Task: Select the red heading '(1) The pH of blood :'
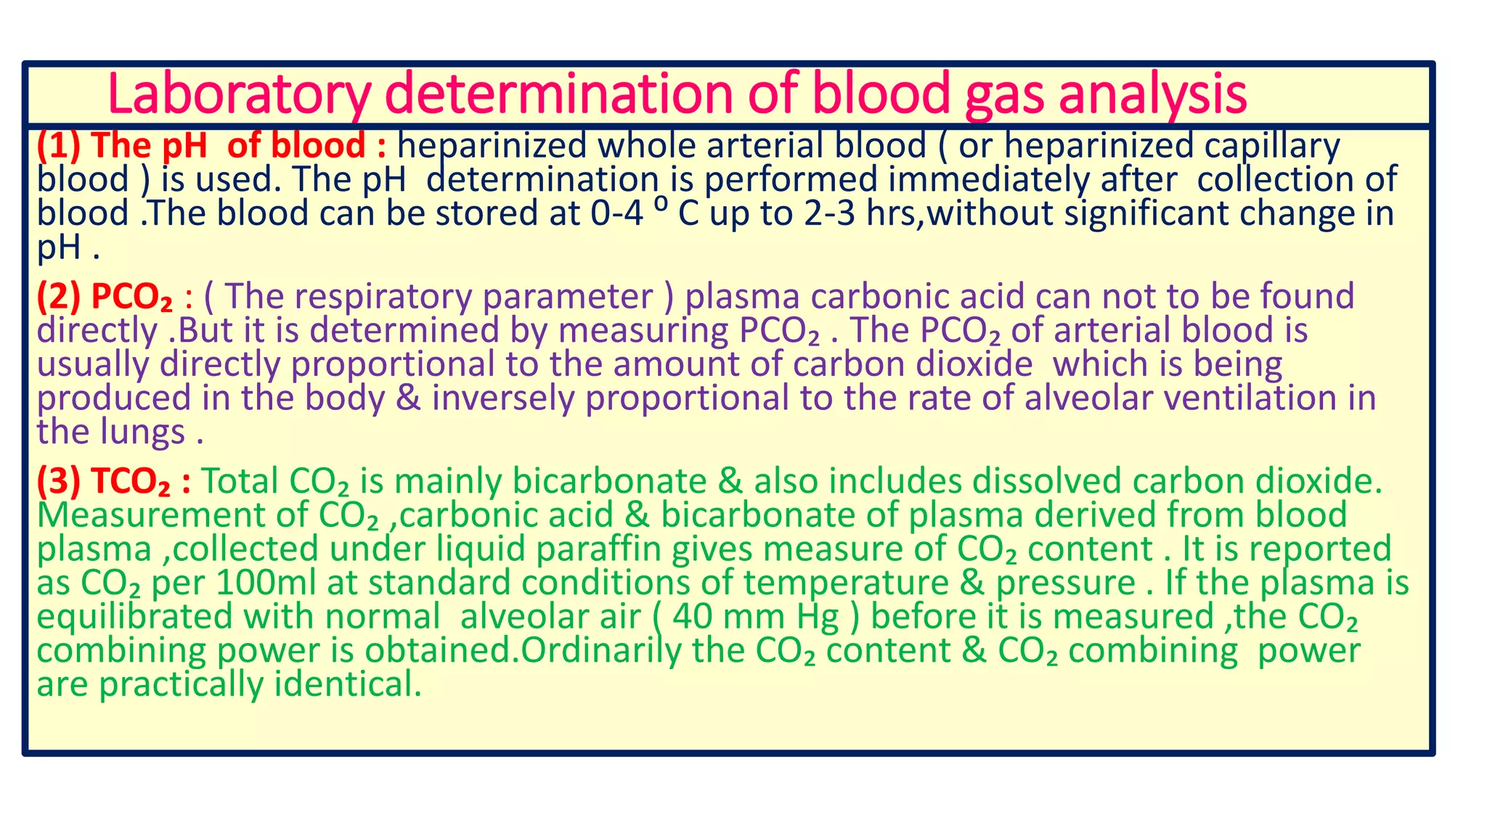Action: [211, 146]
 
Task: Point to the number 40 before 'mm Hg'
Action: [693, 617]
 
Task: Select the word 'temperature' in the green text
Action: [846, 583]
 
